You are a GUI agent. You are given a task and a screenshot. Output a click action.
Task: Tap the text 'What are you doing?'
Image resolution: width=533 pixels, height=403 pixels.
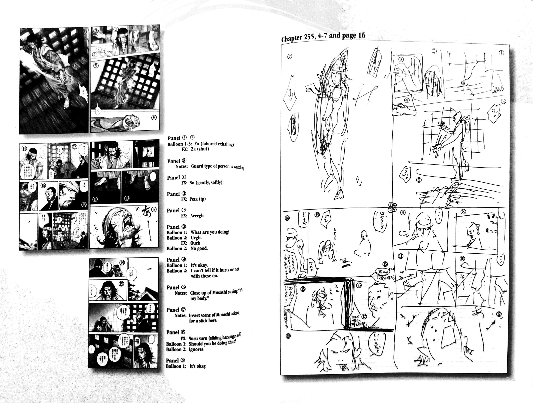click(210, 232)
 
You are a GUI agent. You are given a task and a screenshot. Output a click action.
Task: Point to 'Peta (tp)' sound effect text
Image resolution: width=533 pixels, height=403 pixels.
click(197, 199)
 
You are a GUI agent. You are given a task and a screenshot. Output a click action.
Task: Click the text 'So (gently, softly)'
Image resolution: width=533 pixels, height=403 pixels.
click(206, 183)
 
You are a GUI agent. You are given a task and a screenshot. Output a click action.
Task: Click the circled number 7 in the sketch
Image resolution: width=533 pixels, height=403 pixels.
click(289, 57)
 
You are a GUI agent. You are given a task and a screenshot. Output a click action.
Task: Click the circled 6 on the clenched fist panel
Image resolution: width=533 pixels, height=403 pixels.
click(154, 118)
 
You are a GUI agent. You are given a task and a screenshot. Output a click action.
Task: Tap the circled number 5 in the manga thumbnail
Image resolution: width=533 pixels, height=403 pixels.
click(96, 66)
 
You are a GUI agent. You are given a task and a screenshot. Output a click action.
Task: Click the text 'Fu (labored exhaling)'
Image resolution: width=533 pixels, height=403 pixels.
click(214, 144)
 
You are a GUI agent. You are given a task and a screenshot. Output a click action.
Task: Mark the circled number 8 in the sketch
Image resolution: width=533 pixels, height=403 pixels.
click(463, 212)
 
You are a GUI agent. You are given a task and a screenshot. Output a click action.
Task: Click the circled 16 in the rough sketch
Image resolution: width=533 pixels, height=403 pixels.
click(359, 285)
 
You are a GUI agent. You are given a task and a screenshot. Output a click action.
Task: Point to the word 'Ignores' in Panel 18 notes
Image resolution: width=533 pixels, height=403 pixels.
click(196, 349)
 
